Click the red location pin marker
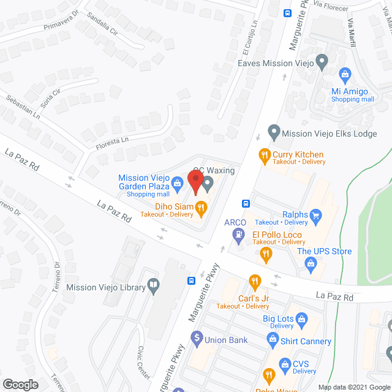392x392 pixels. (x=195, y=181)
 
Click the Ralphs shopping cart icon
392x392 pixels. (x=316, y=215)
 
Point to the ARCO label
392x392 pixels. (x=235, y=222)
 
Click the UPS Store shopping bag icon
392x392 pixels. (x=311, y=263)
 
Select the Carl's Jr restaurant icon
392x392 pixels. (x=255, y=283)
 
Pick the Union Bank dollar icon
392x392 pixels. (x=197, y=337)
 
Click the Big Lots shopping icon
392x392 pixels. (x=301, y=318)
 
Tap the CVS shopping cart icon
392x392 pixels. (x=285, y=364)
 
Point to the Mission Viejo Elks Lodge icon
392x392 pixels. (x=274, y=132)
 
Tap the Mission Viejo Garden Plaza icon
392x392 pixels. (x=176, y=183)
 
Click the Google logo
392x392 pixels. (x=20, y=384)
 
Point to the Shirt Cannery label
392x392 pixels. (x=306, y=342)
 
